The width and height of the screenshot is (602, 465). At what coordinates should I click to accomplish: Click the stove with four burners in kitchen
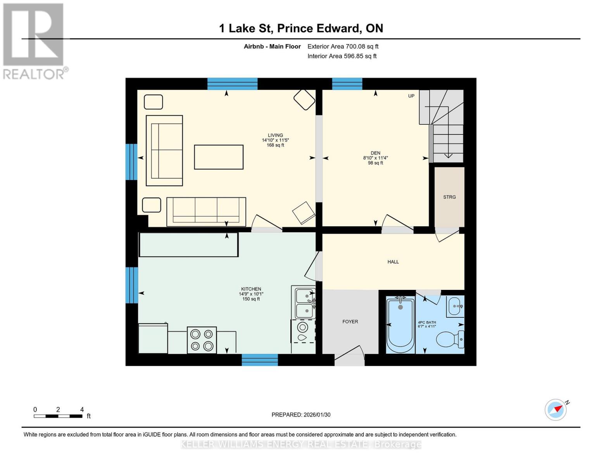point(202,340)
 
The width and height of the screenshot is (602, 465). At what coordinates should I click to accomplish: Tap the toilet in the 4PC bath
point(450,339)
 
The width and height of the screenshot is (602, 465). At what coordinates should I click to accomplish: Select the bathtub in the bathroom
point(400,325)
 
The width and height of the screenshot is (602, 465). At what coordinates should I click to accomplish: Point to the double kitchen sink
point(304,303)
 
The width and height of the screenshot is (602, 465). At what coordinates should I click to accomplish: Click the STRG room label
point(449,197)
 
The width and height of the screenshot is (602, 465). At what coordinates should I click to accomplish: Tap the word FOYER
point(350,322)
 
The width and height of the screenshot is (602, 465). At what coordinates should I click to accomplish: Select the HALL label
point(393,262)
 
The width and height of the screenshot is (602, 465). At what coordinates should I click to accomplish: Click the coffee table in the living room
point(219,157)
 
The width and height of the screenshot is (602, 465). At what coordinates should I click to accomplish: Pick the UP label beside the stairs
point(411,96)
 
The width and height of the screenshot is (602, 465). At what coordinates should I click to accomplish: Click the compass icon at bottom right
point(555,410)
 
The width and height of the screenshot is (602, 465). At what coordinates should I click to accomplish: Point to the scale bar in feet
point(58,416)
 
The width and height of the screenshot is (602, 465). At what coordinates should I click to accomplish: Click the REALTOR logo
point(34,41)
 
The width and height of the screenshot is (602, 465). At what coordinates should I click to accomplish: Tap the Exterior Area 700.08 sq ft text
point(343,46)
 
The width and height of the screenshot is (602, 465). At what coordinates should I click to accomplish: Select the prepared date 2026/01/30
point(301,415)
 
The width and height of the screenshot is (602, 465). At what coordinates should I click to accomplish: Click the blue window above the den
point(347,84)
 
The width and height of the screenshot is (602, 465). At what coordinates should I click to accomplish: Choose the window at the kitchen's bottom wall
point(260,360)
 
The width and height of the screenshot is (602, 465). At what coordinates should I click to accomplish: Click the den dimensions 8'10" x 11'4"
point(375,158)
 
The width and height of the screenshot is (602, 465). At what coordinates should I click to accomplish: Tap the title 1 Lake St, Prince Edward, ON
point(301,28)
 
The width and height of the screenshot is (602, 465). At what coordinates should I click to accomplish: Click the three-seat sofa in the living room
point(206,212)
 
